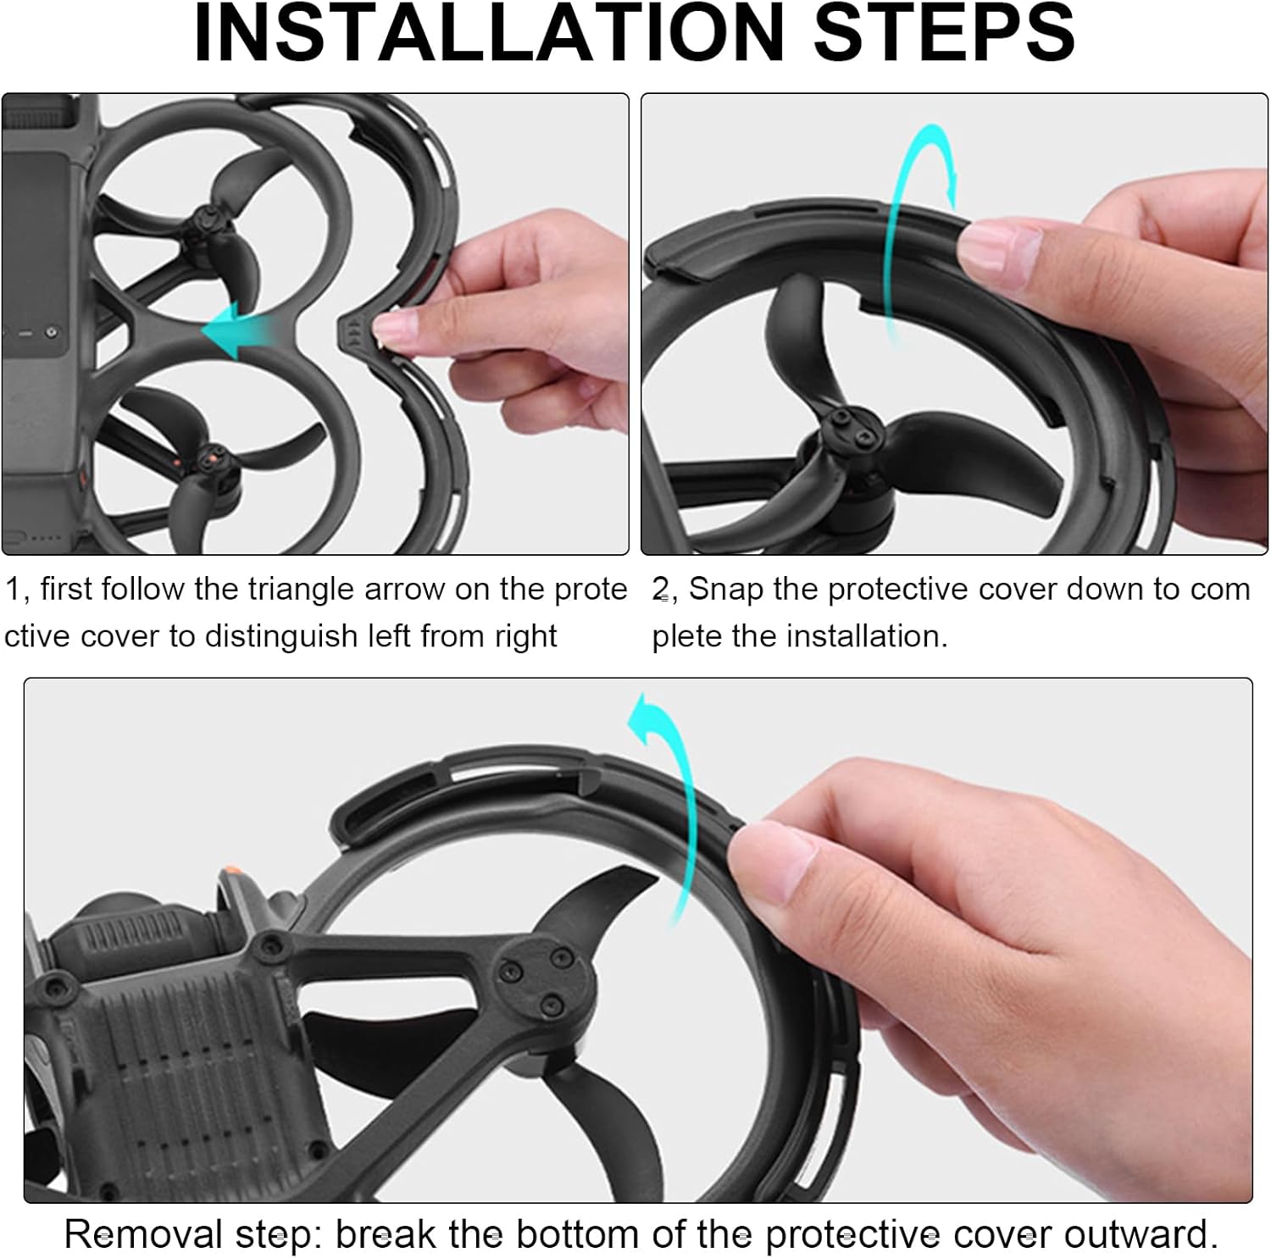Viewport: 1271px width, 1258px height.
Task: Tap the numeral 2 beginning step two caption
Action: click(x=660, y=590)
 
